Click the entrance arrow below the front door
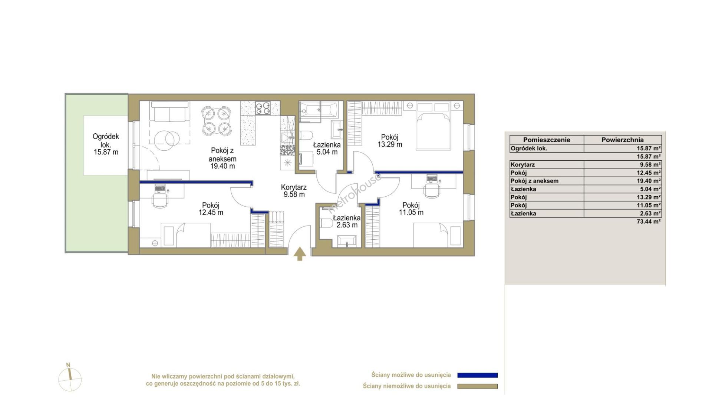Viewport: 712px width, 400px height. click(300, 254)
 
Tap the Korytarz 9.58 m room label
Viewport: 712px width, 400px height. click(294, 191)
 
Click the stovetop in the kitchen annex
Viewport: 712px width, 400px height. click(263, 108)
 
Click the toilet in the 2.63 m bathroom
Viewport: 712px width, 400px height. click(326, 223)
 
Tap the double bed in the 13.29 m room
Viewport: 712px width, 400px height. click(433, 126)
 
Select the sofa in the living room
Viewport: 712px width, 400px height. click(170, 112)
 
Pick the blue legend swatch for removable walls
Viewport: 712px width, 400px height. click(477, 375)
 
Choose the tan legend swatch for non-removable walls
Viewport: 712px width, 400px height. click(477, 386)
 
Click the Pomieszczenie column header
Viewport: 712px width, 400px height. click(547, 140)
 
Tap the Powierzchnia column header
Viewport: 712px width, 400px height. click(622, 140)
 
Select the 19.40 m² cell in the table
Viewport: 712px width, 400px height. click(649, 181)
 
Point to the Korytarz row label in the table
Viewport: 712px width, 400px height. click(523, 165)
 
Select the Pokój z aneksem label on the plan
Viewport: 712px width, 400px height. click(222, 158)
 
